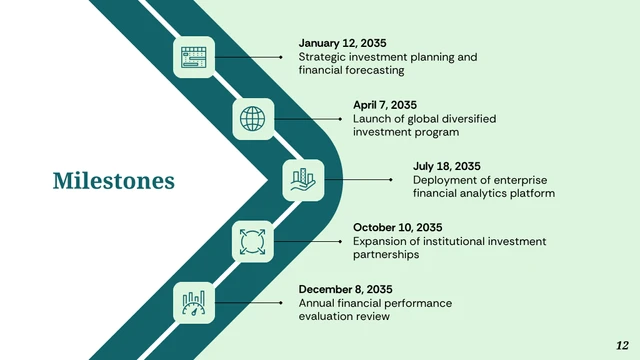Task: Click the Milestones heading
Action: click(x=113, y=181)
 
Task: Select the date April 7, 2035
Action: click(x=385, y=105)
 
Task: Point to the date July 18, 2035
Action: click(x=447, y=166)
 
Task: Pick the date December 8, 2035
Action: click(x=345, y=289)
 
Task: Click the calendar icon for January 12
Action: click(x=194, y=58)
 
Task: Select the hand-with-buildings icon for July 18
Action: click(x=303, y=180)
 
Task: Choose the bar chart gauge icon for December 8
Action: click(x=194, y=302)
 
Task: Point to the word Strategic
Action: click(x=324, y=57)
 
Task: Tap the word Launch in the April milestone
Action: click(x=371, y=119)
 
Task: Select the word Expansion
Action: click(x=381, y=241)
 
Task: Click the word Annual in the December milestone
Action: click(x=317, y=303)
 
